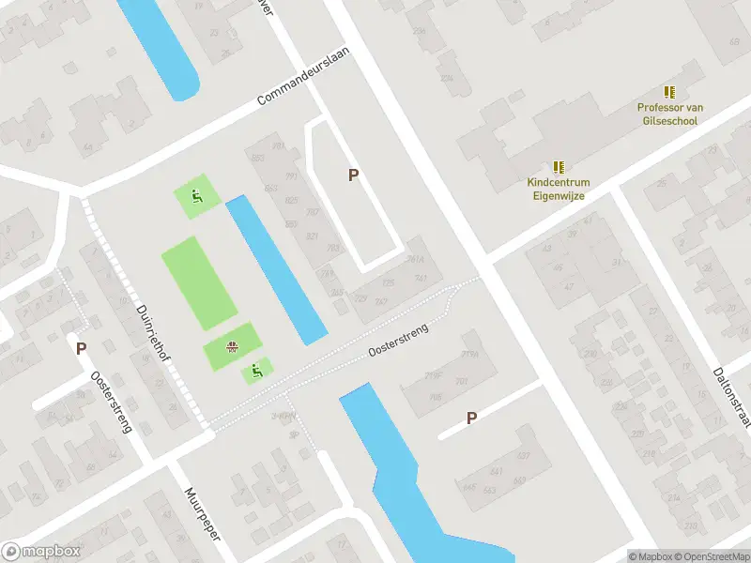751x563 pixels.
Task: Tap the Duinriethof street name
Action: (154, 340)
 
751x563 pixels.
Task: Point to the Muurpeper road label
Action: (201, 515)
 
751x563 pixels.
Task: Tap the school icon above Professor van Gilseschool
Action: (669, 92)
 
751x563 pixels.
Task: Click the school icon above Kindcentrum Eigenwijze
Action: (559, 167)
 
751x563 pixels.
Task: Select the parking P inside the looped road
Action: (353, 175)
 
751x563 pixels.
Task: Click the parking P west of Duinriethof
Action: (82, 348)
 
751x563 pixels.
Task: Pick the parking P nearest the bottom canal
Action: (471, 418)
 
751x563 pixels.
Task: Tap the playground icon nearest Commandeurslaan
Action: (196, 196)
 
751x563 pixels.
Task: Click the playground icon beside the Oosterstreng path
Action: (255, 372)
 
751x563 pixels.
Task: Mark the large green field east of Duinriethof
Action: (198, 282)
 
